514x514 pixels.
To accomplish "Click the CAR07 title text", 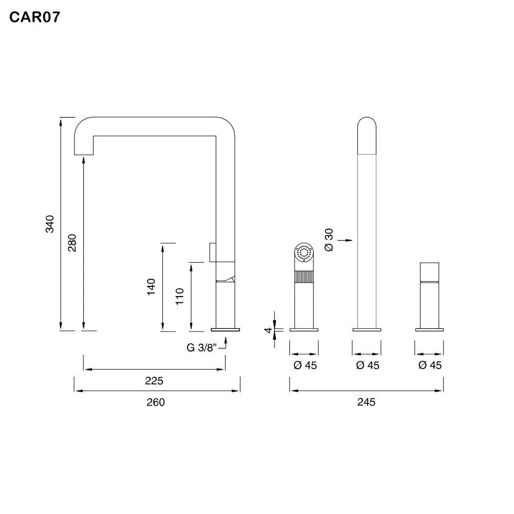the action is click(35, 17).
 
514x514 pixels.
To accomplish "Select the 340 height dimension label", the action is click(49, 224).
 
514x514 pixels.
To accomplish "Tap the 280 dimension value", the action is click(72, 243).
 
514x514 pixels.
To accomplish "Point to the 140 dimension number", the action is click(151, 287).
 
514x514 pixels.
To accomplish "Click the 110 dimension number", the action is click(179, 297).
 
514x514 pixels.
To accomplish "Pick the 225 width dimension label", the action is click(154, 381).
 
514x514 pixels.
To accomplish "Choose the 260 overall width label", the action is click(156, 402).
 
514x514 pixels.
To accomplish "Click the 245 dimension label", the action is click(366, 402).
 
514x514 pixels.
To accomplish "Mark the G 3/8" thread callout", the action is click(201, 347).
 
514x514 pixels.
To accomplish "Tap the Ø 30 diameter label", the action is click(329, 240).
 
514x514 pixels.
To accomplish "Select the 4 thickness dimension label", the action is click(268, 330).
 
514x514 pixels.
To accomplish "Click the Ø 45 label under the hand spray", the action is click(305, 365).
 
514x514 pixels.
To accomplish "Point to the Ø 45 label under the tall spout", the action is click(368, 365).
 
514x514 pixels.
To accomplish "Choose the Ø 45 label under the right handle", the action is click(430, 365).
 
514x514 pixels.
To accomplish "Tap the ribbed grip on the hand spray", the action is click(304, 277).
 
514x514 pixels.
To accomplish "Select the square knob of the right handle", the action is click(429, 272).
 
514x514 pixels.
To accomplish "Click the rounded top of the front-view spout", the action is click(367, 135).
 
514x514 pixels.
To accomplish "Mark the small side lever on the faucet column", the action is click(213, 252).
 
